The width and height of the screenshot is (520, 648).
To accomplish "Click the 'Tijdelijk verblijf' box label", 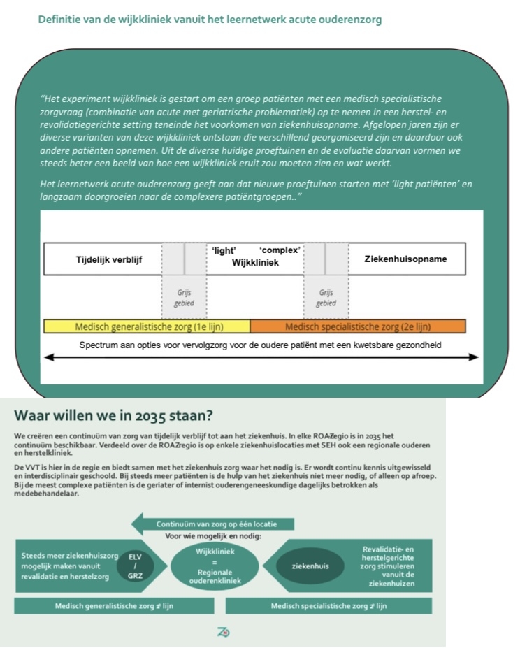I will (109, 259).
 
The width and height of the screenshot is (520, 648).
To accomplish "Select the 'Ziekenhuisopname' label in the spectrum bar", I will (405, 259).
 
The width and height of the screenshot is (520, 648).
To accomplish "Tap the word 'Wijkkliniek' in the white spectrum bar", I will (255, 263).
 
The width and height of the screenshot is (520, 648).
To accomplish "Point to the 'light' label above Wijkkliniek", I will (224, 250).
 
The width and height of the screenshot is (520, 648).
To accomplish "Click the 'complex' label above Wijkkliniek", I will (280, 250).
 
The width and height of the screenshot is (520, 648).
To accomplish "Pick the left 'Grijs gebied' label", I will (184, 298).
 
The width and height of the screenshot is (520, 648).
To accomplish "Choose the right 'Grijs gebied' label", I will (326, 298).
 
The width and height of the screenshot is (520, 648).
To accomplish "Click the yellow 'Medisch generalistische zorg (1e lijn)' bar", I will (147, 326).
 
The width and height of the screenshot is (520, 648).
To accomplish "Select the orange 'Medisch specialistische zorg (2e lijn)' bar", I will (357, 326).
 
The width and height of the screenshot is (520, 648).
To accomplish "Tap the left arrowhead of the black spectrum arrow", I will (49, 357).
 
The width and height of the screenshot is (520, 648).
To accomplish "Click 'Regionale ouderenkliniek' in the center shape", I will (215, 576).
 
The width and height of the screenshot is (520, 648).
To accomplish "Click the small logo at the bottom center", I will (224, 632).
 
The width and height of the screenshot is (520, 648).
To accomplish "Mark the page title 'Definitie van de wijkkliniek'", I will (210, 20).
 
